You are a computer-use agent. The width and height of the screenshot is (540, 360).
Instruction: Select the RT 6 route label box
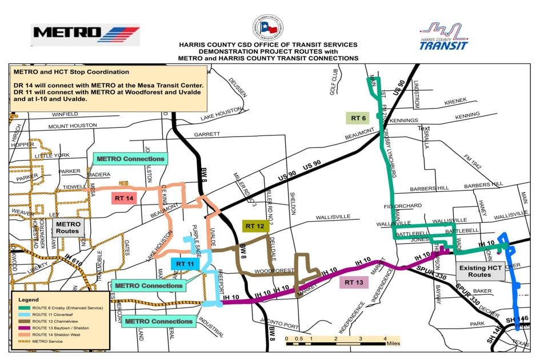click(x=358, y=118)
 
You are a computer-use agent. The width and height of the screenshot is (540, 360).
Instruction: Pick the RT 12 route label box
click(x=255, y=226)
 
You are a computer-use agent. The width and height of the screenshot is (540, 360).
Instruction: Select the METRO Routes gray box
click(x=67, y=227)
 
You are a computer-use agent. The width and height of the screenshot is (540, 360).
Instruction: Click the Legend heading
click(x=27, y=299)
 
